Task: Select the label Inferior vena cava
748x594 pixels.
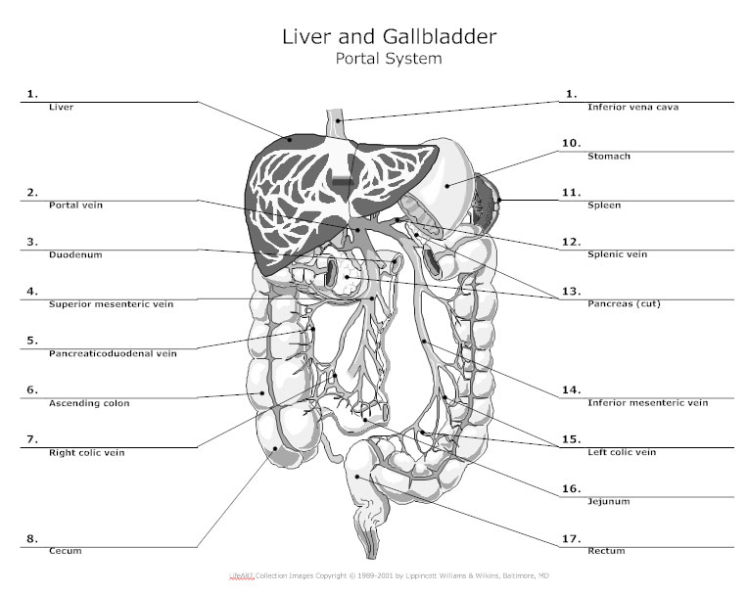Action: [632, 108]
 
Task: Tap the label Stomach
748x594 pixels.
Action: [608, 157]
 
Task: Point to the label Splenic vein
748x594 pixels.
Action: [617, 255]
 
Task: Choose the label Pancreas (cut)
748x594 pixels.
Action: [624, 304]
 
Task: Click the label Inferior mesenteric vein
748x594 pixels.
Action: [647, 403]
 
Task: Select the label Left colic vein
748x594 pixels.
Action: [621, 453]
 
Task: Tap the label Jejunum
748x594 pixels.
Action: [608, 502]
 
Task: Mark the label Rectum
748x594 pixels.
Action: [606, 552]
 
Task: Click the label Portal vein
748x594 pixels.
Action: [75, 206]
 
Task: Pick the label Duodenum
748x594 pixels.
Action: [75, 255]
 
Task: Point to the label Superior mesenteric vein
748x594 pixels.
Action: [111, 304]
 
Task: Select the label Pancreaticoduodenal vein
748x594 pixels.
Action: [113, 354]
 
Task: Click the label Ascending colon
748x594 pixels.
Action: [89, 403]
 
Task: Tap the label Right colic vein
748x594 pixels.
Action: [87, 453]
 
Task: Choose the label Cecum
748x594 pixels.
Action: [65, 552]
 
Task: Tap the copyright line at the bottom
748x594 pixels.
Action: [374, 576]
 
